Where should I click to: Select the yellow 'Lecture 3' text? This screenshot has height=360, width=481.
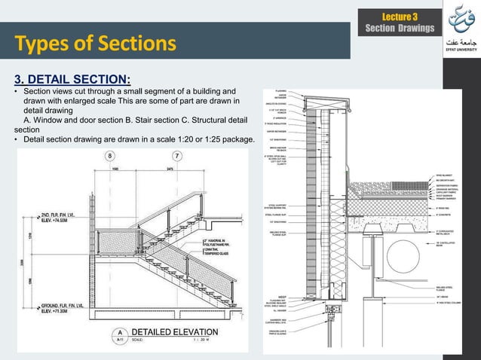tap(399, 17)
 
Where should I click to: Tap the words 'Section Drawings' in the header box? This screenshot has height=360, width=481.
tap(399, 29)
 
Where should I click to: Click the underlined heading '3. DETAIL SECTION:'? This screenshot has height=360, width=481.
tap(73, 79)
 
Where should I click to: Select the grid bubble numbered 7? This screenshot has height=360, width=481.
tap(176, 155)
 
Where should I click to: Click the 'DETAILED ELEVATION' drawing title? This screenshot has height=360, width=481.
tap(176, 331)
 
